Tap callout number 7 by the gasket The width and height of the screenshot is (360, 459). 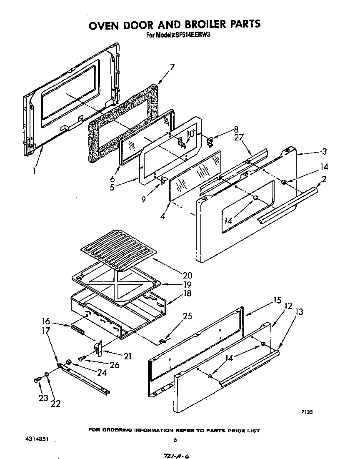click(x=172, y=66)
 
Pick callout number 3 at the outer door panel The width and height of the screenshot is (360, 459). click(x=324, y=151)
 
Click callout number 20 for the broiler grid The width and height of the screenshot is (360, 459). click(x=175, y=276)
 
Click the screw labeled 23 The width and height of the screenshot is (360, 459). click(x=37, y=380)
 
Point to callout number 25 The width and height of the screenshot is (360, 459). click(x=187, y=316)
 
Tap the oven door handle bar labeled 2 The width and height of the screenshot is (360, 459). click(x=287, y=205)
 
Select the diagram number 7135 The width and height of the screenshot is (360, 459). click(x=307, y=413)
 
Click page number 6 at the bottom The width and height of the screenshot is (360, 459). click(x=175, y=440)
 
